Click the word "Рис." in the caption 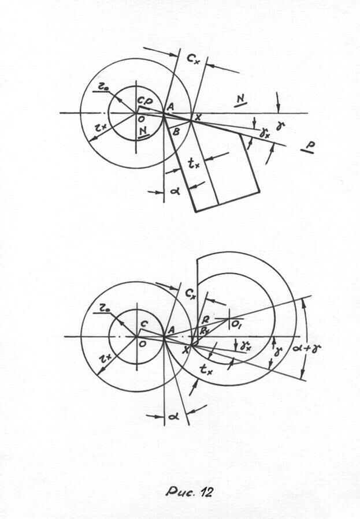[177, 492]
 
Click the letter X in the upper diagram [199, 117]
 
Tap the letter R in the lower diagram [205, 320]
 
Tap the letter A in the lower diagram [170, 329]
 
